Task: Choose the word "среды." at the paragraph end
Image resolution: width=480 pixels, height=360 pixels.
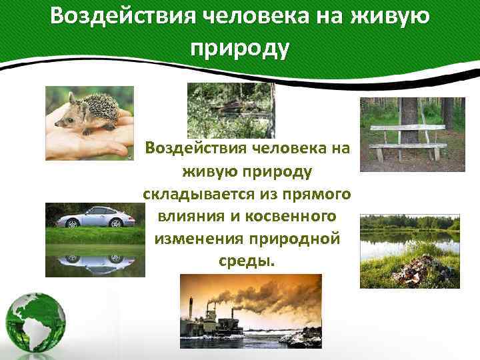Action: tap(247, 259)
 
